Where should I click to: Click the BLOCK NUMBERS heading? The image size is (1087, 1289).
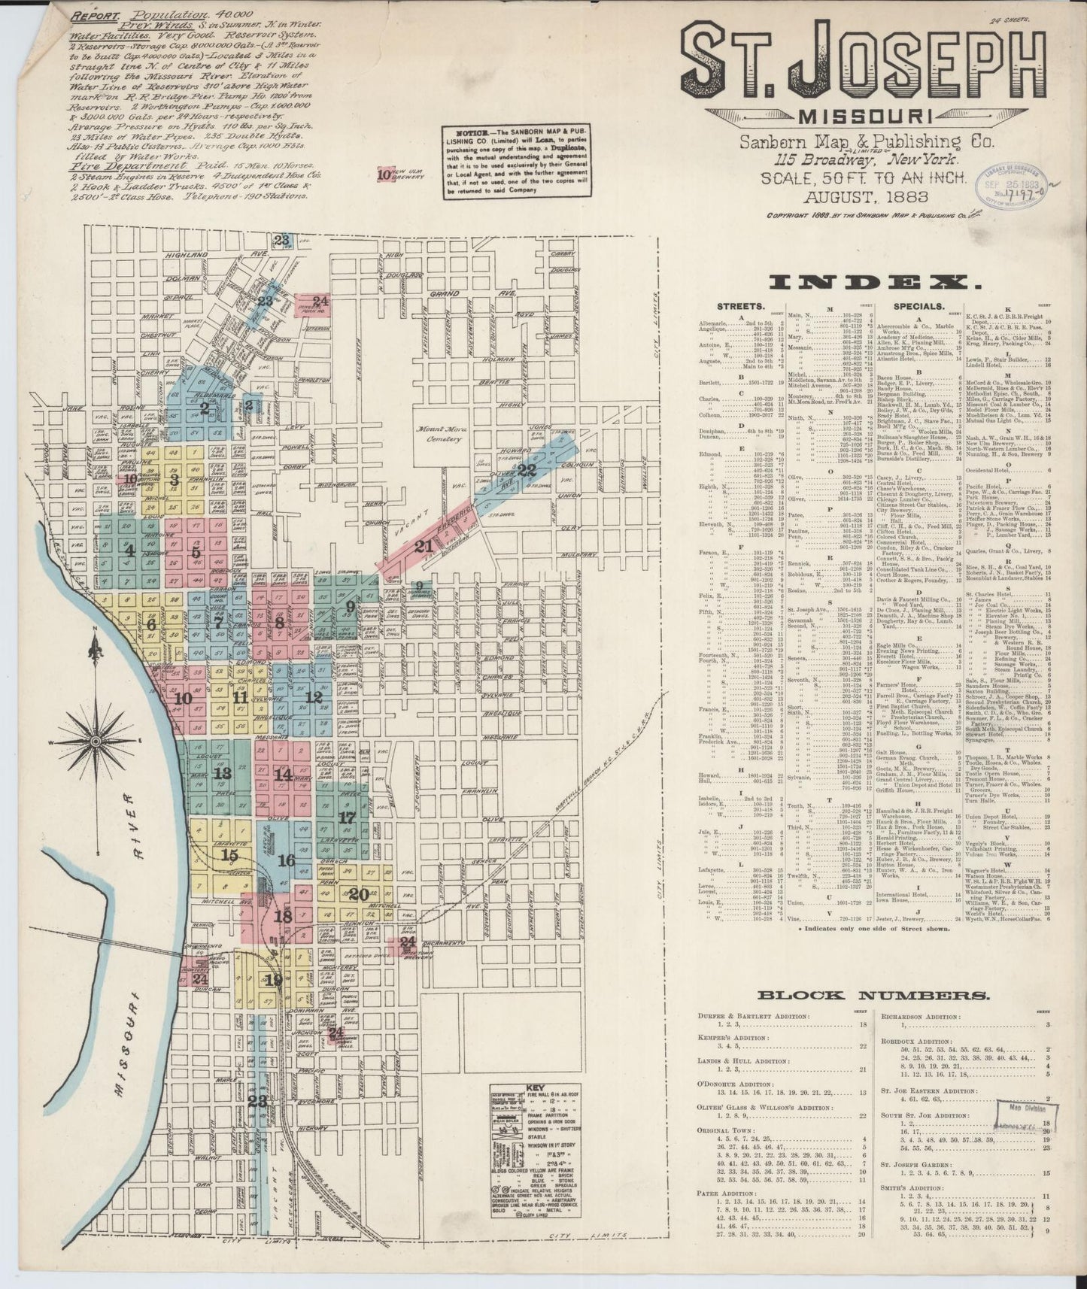873,996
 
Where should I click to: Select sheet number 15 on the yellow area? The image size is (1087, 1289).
230,855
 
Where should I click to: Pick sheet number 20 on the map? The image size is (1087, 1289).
358,894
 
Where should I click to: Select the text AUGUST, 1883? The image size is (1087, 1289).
865,198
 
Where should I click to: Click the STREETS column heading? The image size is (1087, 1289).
742,307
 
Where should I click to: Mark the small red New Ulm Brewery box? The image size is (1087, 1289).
384,174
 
